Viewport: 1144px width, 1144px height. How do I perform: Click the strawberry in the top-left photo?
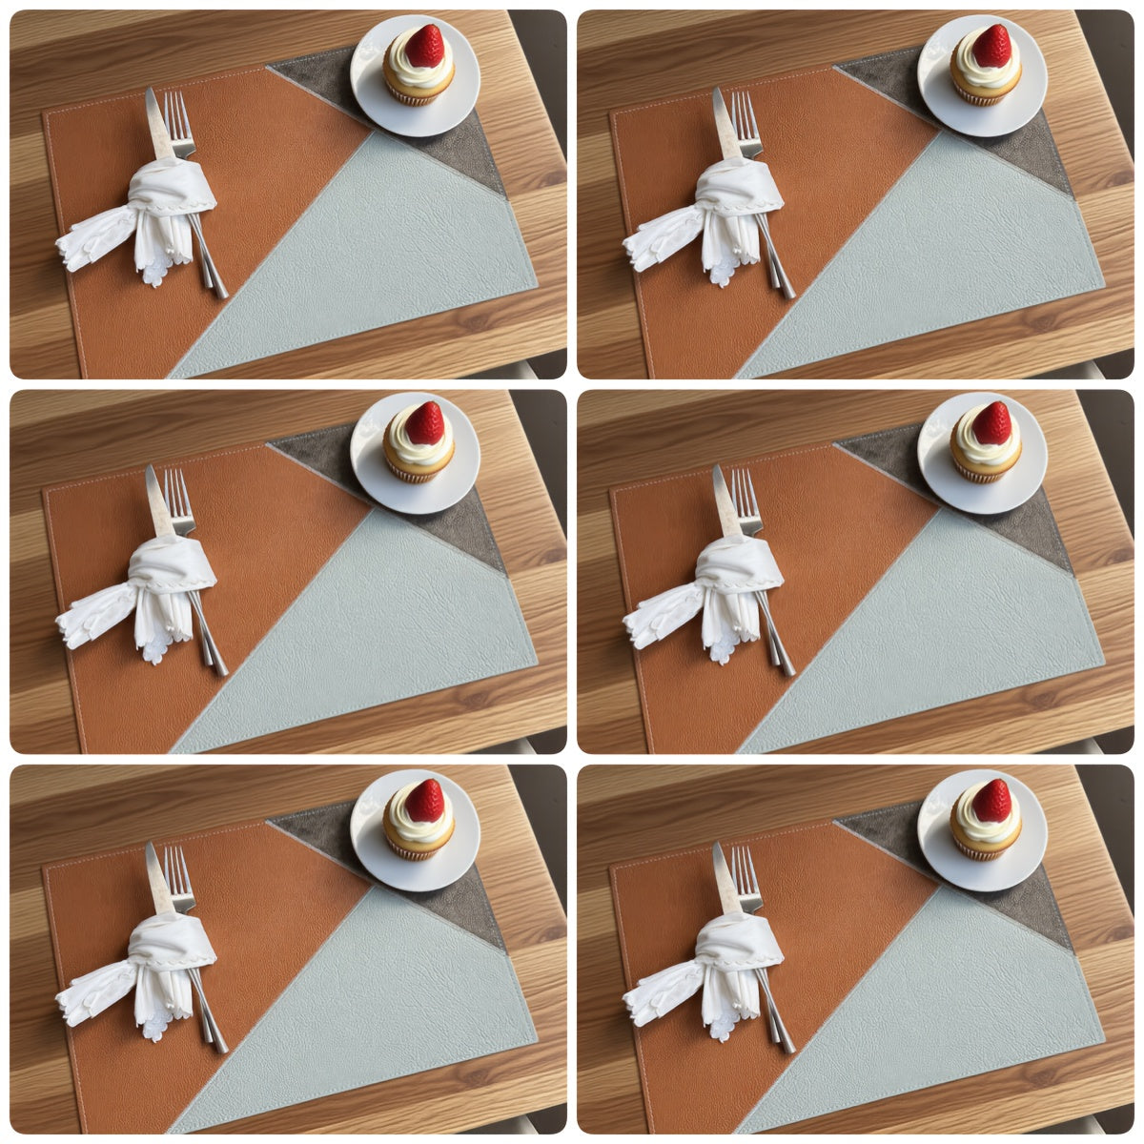point(424,45)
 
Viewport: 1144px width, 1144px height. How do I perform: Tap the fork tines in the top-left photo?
point(178,112)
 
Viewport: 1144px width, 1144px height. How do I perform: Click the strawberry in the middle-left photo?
point(424,422)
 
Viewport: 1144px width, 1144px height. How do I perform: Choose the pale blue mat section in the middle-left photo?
point(400,620)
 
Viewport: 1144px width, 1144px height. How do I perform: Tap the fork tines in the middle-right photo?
point(746,490)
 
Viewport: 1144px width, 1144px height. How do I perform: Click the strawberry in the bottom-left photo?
point(424,800)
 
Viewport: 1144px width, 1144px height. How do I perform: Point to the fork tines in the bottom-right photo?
point(746,868)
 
